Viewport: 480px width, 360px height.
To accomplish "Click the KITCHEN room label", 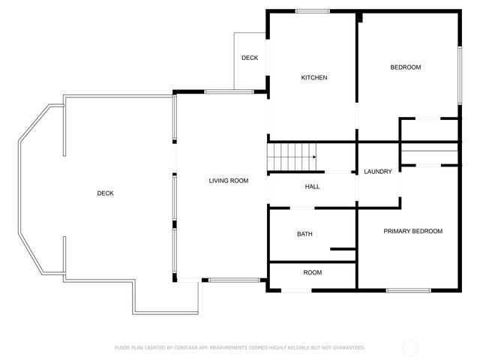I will (314, 78).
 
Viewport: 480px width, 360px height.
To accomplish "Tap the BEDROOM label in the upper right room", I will (405, 67).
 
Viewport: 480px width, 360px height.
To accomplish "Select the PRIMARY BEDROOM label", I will (412, 231).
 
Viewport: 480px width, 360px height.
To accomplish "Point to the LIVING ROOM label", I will (228, 181).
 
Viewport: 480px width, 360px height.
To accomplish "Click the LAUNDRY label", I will (378, 172).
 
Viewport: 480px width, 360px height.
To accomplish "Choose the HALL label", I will (313, 187).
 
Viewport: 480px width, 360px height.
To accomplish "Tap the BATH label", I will (304, 234).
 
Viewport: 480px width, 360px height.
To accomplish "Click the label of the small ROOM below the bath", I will (313, 272).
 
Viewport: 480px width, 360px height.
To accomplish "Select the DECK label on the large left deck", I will (106, 193).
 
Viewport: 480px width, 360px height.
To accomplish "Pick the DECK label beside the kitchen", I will (250, 58).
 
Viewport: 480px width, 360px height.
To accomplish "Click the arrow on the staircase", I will (314, 157).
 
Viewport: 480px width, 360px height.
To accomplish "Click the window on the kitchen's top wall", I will (312, 10).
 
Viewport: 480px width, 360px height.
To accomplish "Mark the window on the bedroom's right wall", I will (459, 75).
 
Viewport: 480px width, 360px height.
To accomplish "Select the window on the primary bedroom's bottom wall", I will (408, 289).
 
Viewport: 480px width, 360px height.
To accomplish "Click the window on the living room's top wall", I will (223, 91).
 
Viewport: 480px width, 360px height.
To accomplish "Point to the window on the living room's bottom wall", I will (224, 280).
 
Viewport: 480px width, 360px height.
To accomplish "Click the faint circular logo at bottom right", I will (410, 347).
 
